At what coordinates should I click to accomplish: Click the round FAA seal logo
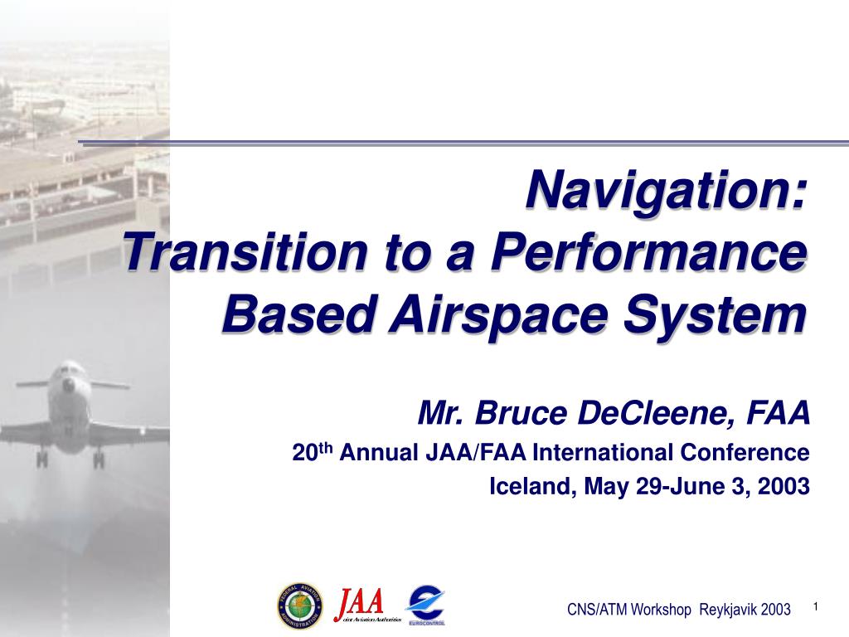[x=300, y=605]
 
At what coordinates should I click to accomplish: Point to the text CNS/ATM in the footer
[x=596, y=610]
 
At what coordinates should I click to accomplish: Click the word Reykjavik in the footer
[x=727, y=610]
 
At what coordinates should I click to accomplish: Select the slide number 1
[x=816, y=607]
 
